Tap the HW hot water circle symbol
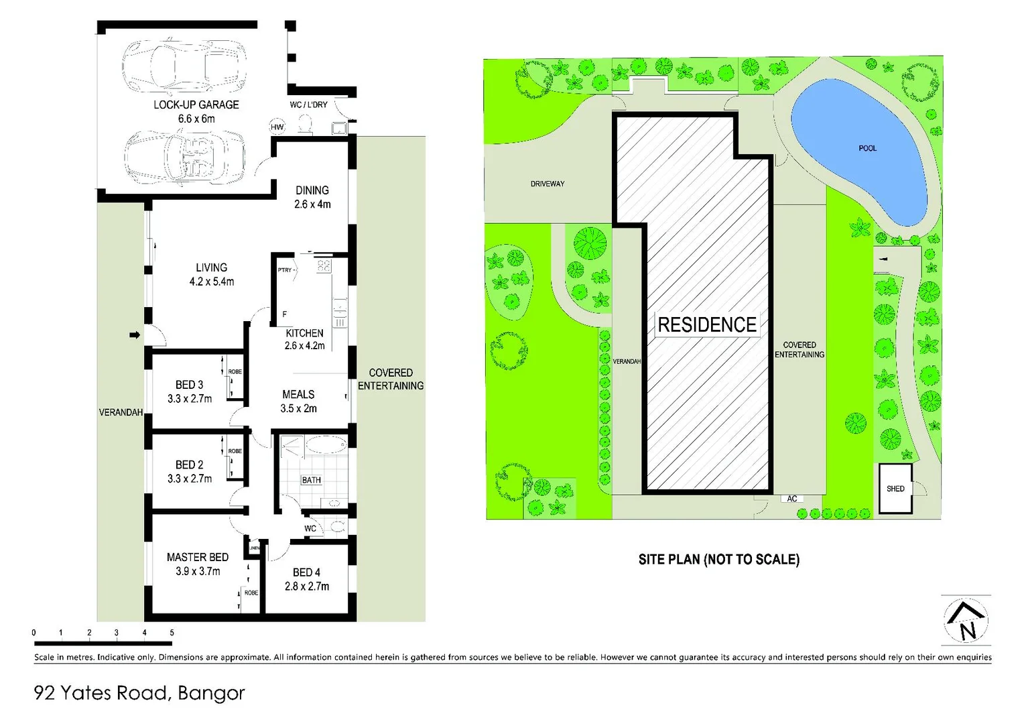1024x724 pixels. (x=277, y=127)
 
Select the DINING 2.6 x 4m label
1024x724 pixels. (x=312, y=197)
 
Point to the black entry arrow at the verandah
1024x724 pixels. (x=135, y=335)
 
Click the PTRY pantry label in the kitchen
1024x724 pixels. (x=285, y=270)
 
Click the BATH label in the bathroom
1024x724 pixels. (x=311, y=480)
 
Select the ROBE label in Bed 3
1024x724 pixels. (x=235, y=371)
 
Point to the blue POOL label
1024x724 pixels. (x=867, y=148)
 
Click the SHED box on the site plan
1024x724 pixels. (x=895, y=489)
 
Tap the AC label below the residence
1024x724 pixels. (x=792, y=499)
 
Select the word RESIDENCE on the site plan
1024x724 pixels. (x=707, y=325)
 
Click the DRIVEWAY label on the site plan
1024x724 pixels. (x=548, y=184)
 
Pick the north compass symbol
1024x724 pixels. (x=966, y=621)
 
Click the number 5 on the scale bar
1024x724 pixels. (x=172, y=632)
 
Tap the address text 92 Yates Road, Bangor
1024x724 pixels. (x=139, y=692)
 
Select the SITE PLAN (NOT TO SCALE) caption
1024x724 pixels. (x=718, y=559)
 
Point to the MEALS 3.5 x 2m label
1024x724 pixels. (x=298, y=401)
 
